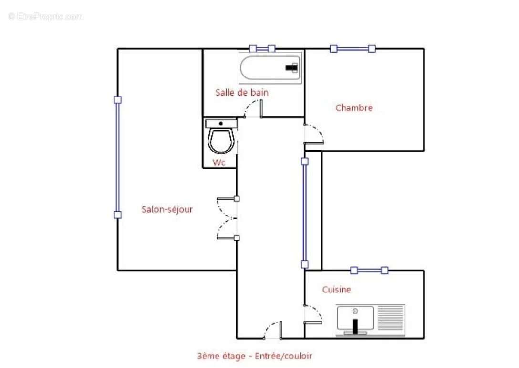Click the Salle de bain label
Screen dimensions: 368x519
coord(241,93)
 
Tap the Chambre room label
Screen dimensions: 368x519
coord(354,108)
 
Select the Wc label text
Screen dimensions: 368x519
coord(219,162)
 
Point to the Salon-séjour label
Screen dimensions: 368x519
coord(167,209)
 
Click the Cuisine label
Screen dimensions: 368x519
coord(336,290)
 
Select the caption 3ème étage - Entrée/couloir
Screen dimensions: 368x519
coord(254,356)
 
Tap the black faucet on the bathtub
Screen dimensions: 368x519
coord(291,68)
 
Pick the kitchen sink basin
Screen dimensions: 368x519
coord(355,319)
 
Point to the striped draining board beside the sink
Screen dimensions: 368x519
coord(391,319)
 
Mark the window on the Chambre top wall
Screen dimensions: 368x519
coord(353,48)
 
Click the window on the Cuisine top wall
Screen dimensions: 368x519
coord(369,271)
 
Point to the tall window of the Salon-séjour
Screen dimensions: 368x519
coord(117,157)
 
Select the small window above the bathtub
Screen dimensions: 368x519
coord(262,48)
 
